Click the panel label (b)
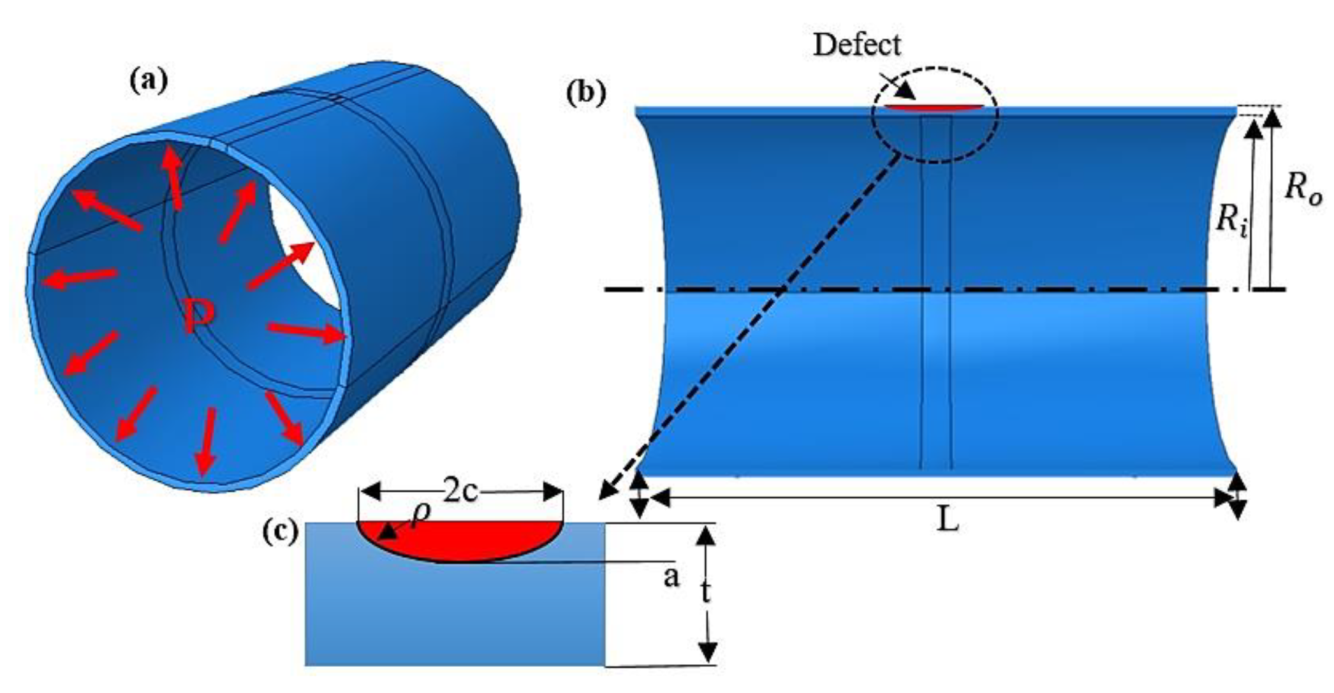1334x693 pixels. pos(585,94)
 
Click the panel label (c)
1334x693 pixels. pos(281,532)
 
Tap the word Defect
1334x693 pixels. pos(857,45)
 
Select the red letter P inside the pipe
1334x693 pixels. pos(198,317)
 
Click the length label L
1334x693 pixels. pos(948,521)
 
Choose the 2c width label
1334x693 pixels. pos(460,492)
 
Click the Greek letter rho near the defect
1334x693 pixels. pos(420,514)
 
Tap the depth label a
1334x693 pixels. pos(671,578)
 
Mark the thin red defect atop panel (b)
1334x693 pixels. pos(935,107)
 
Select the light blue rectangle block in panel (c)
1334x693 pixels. pos(454,612)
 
